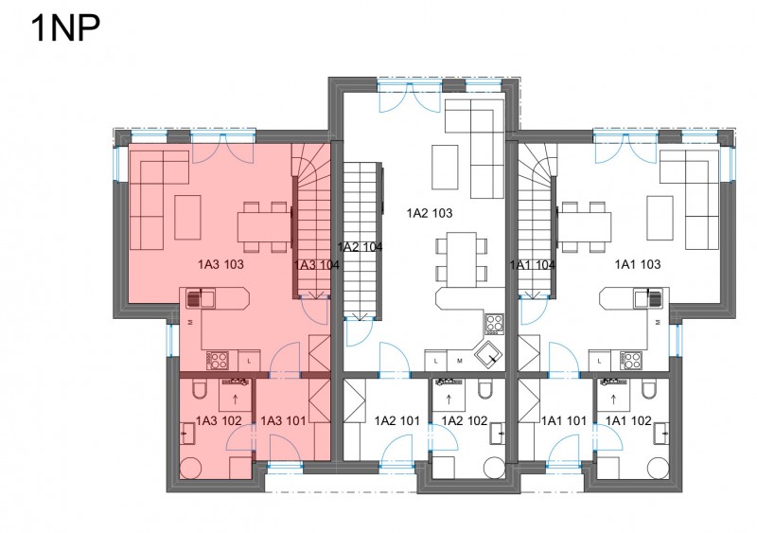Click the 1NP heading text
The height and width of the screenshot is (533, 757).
[x=65, y=28]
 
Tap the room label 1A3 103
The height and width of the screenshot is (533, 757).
[x=220, y=264]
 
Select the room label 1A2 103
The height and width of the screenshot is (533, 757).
[x=430, y=213]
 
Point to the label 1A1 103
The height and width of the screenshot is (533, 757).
[x=637, y=264]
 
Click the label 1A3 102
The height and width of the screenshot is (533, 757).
[x=219, y=421]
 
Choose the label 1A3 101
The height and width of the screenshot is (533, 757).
[x=283, y=421]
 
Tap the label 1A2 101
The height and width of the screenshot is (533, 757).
[x=396, y=421]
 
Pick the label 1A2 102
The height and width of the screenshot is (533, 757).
[x=465, y=421]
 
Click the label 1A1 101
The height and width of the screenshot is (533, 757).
[x=563, y=421]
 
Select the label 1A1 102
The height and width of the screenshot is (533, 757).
[x=628, y=421]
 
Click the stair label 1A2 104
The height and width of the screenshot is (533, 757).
[x=360, y=247]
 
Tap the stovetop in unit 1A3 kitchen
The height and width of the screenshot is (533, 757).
[x=218, y=360]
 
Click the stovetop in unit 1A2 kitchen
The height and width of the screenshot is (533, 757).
[x=494, y=324]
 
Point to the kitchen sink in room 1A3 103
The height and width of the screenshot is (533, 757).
[x=201, y=299]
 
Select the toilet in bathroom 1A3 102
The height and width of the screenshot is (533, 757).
[x=199, y=389]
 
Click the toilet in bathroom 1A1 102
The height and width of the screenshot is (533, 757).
[x=649, y=389]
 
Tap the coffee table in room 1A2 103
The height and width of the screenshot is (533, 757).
[x=445, y=168]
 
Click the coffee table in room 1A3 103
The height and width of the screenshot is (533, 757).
[x=187, y=218]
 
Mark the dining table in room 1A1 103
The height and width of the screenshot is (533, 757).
[x=584, y=226]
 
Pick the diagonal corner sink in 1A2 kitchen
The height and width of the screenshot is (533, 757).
[x=488, y=357]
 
